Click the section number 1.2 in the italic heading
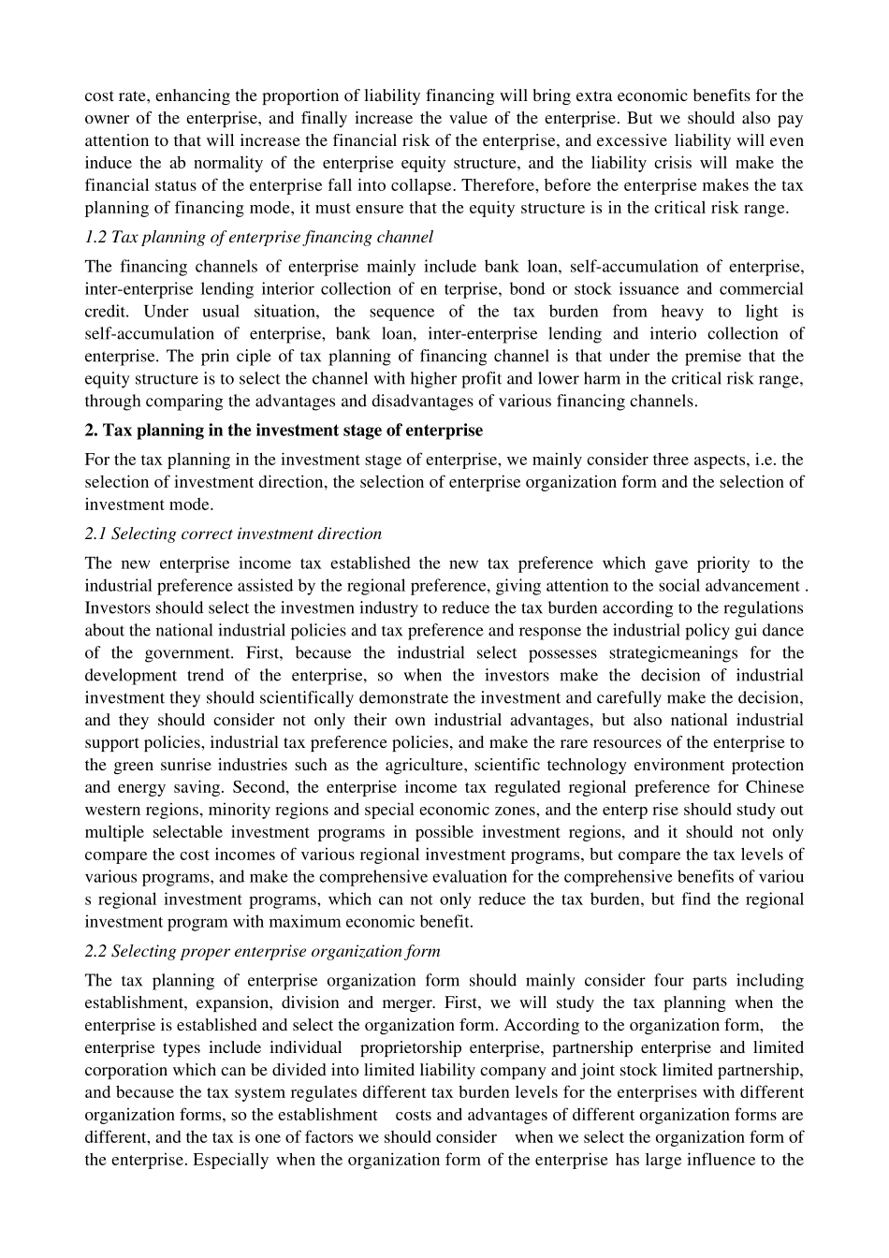pyautogui.click(x=95, y=238)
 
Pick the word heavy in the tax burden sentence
pyautogui.click(x=681, y=312)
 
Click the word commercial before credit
pyautogui.click(x=761, y=289)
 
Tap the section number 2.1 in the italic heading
pyautogui.click(x=95, y=534)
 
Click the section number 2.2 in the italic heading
pyautogui.click(x=95, y=952)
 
